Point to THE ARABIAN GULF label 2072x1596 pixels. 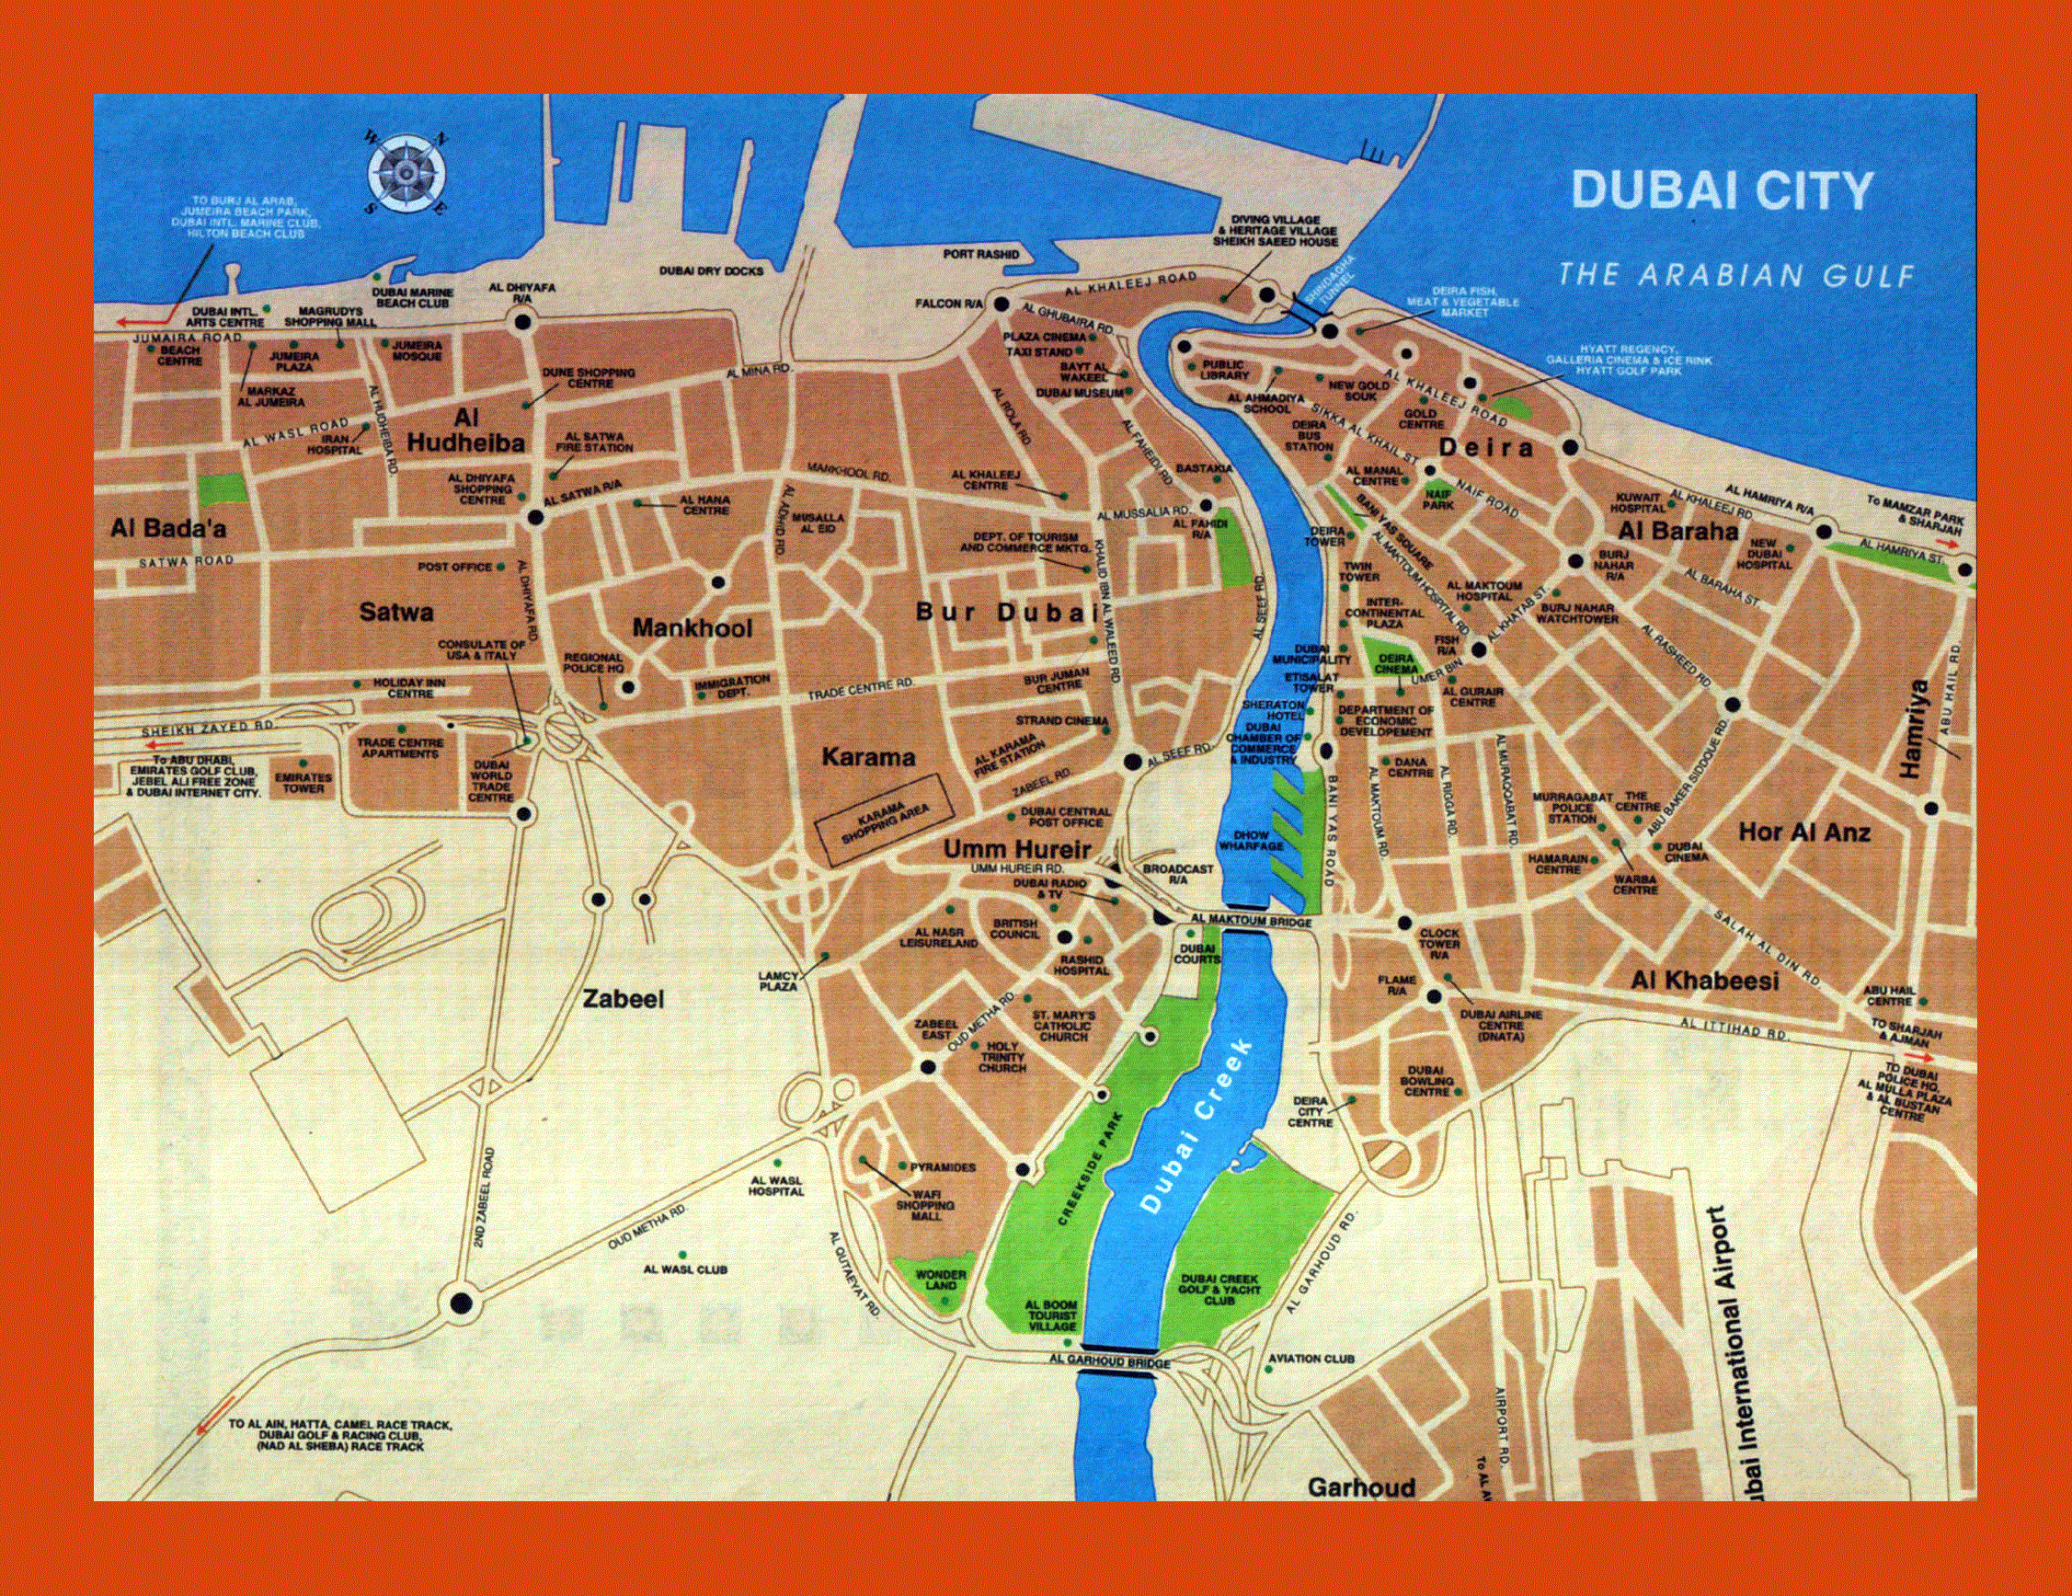(x=1737, y=275)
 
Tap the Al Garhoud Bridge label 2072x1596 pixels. (x=1110, y=1388)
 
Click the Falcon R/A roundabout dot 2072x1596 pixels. (x=1002, y=304)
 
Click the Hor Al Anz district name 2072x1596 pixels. (x=1803, y=832)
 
